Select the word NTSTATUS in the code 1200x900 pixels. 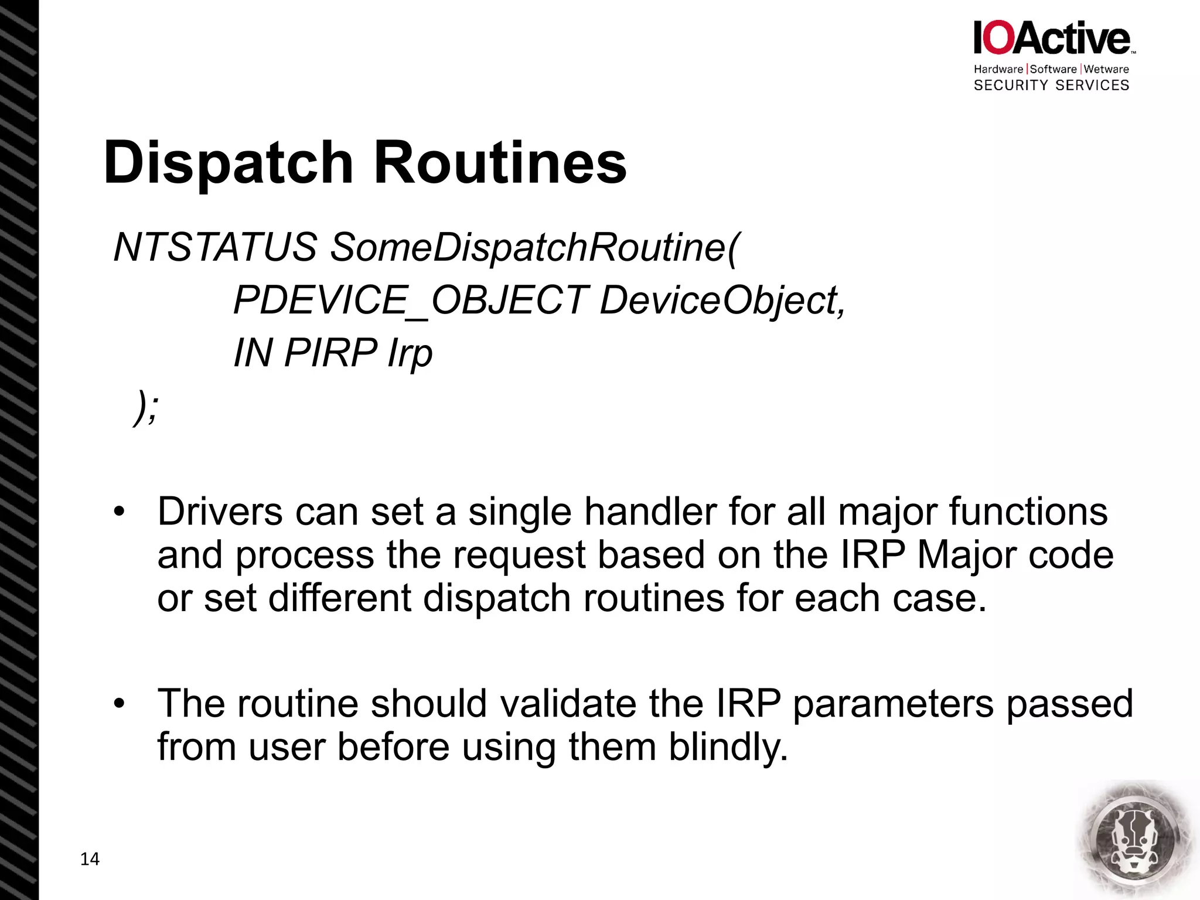point(215,247)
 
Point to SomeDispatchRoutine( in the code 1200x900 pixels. point(535,247)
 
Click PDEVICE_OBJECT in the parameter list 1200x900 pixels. point(411,300)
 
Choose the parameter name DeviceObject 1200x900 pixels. point(722,300)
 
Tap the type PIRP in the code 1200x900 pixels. point(330,353)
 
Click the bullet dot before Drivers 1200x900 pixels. point(120,512)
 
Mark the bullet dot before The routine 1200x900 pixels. point(120,704)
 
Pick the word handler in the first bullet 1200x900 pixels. point(650,512)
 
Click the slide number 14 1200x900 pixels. point(90,859)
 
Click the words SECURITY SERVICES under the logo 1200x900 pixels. point(1051,86)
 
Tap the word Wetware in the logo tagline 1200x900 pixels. point(1106,69)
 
